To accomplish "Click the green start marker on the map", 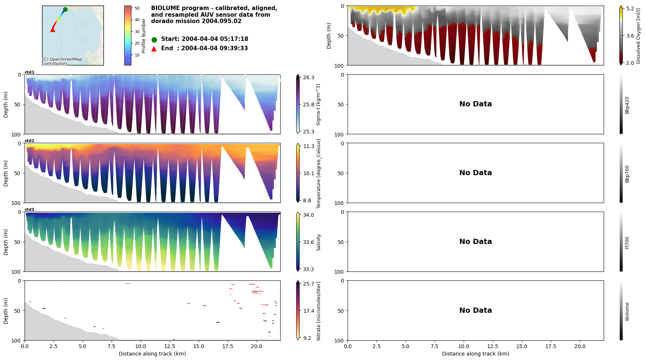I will coord(65,9).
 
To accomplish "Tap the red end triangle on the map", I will coord(52,30).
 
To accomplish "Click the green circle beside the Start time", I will coord(154,39).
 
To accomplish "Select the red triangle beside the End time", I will coord(154,49).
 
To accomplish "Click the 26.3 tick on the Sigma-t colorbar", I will coord(308,77).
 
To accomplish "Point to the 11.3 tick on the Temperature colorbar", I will coord(308,146).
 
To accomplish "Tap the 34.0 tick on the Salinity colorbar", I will coord(308,215).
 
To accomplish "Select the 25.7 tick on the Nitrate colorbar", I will coord(308,284).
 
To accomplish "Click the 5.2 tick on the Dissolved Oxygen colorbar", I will coord(630,9).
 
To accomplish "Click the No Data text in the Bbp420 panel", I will coord(475,104).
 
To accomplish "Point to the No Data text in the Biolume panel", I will coord(475,311).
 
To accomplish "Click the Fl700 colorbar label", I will coord(627,242).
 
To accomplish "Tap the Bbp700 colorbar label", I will coord(627,174).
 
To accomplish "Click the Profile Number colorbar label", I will coord(144,36).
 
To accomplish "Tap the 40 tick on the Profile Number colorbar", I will coord(137,20).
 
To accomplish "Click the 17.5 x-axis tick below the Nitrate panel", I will coord(228,346).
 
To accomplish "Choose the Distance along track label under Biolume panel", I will coord(475,354).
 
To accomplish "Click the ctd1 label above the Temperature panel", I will coord(29,141).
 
